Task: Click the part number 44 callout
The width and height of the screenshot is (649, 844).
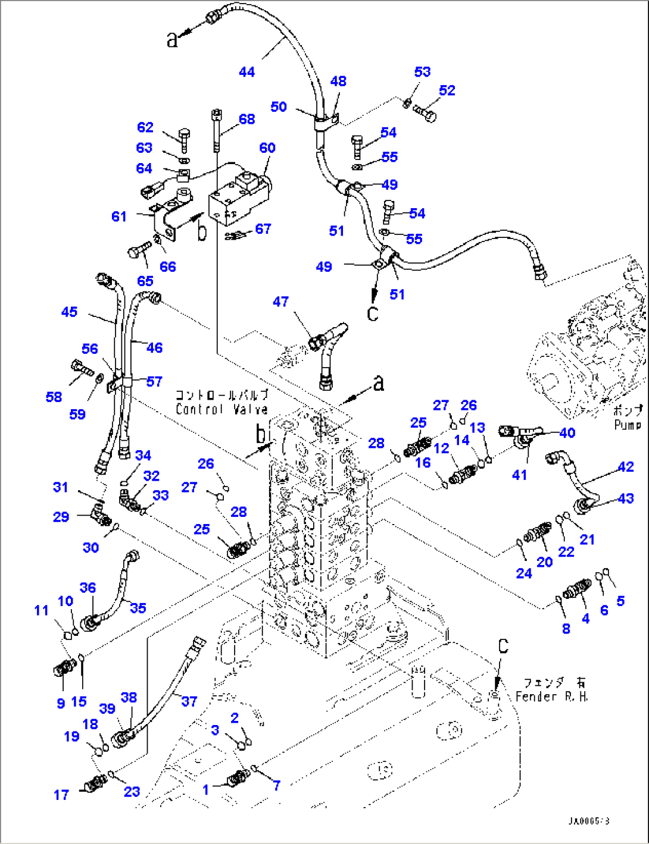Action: coord(247,72)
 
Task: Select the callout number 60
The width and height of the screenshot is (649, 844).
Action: coord(267,148)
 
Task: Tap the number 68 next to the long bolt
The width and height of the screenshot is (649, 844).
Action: coord(247,119)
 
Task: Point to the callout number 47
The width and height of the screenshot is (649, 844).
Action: coord(280,302)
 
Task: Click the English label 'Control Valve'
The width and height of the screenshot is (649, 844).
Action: coord(221,409)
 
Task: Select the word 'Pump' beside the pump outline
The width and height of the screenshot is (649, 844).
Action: coord(628,425)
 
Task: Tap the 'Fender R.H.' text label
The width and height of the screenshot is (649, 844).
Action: coord(551,696)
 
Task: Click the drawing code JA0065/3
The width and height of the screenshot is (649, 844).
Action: coord(588,821)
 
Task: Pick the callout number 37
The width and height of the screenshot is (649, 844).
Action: coord(189,701)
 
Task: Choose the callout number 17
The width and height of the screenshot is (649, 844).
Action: coord(61,795)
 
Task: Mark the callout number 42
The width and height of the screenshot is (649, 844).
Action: coord(625,467)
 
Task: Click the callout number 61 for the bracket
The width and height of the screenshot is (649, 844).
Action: coord(119,217)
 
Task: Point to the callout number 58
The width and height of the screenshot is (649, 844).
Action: coord(54,397)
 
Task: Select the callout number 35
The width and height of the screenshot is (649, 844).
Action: coord(138,608)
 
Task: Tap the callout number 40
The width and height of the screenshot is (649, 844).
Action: coord(567,432)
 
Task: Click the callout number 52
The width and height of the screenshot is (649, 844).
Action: coord(447,90)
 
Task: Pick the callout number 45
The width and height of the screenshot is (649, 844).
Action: coord(69,312)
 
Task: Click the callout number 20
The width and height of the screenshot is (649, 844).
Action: coord(544,562)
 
